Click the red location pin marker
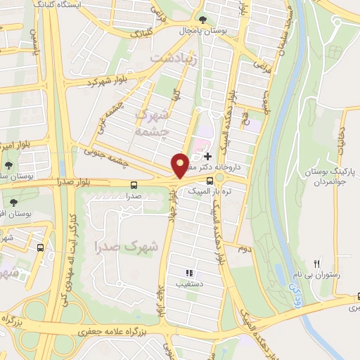[179, 166]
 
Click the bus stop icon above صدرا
[134, 185]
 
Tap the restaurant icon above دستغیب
[188, 273]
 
